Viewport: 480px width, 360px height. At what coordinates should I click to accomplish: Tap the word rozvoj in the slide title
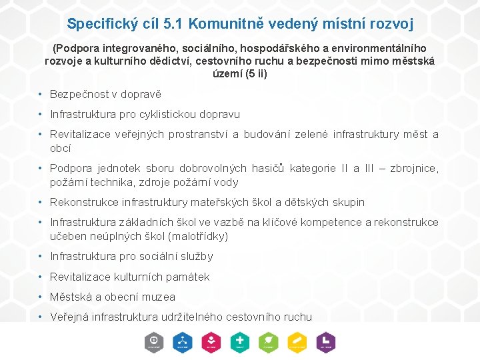391,24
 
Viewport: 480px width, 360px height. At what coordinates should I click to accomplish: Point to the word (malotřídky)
199,236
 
